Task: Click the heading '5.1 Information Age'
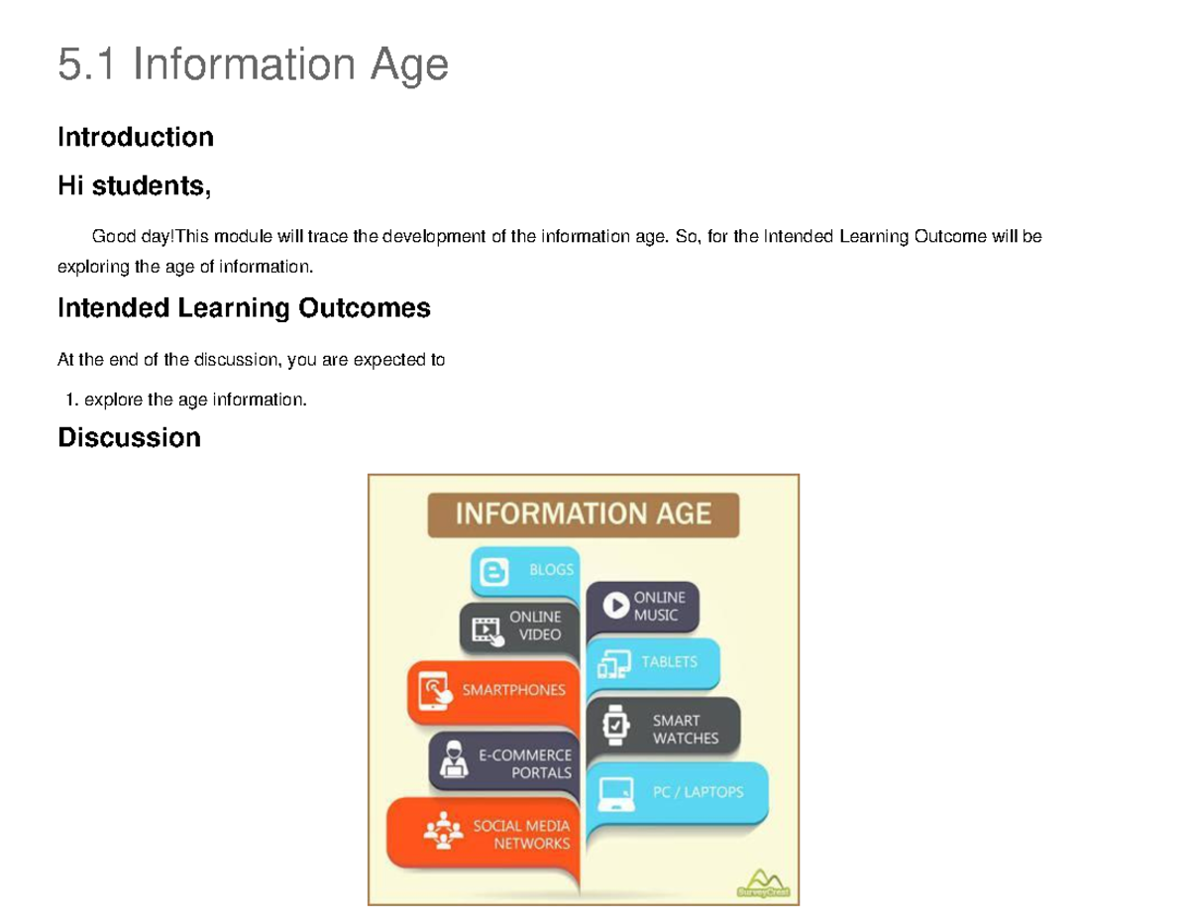(x=253, y=65)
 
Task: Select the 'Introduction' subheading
(x=136, y=137)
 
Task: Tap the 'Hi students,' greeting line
(x=134, y=185)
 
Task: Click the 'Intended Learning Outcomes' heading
(x=244, y=308)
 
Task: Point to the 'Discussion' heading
(x=129, y=437)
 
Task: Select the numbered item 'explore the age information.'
(x=195, y=401)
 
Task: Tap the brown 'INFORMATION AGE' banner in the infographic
(x=583, y=514)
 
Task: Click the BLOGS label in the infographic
(x=551, y=570)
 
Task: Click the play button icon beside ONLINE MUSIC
(x=615, y=605)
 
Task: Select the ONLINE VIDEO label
(x=535, y=626)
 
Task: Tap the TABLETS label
(x=669, y=661)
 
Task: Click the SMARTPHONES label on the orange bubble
(x=514, y=690)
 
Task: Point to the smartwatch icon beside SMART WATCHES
(x=616, y=726)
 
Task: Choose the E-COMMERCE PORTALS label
(x=525, y=763)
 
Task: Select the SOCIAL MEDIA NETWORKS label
(x=521, y=834)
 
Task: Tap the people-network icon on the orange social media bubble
(x=443, y=831)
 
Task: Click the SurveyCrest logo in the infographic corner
(x=765, y=882)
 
